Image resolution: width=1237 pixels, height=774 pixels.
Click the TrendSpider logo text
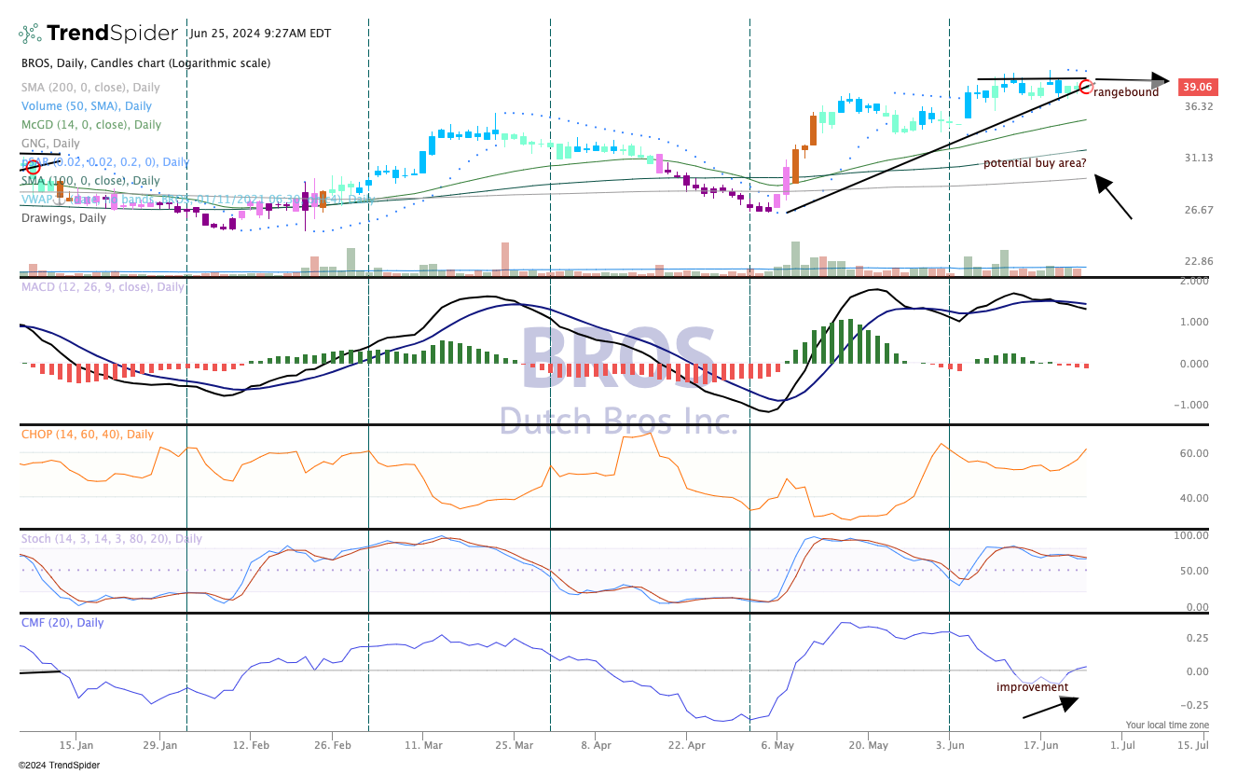pos(112,34)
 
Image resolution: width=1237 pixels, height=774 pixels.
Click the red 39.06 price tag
pos(1196,87)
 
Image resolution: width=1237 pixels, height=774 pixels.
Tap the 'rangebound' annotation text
pos(1127,92)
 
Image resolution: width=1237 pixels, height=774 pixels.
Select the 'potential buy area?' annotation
pos(1034,163)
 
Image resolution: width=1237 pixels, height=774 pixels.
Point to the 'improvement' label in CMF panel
pos(1032,687)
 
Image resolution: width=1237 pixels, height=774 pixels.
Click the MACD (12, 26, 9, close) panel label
pos(103,287)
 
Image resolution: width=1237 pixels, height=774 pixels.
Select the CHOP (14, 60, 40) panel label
pos(88,435)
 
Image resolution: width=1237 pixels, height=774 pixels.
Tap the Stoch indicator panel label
pos(111,539)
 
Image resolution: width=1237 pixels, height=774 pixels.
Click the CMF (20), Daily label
pos(62,623)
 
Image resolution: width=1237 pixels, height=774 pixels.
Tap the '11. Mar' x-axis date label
pos(424,745)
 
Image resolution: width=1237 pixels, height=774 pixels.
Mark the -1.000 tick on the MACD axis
pos(1195,405)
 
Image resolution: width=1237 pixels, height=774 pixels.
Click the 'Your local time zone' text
pos(1166,725)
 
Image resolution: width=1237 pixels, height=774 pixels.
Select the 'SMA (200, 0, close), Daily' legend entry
pos(91,87)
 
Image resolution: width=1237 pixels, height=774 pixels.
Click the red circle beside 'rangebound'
pos(1085,87)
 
